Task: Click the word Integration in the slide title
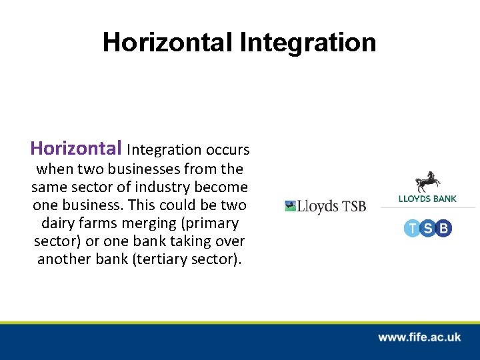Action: click(x=308, y=43)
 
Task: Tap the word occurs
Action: click(x=227, y=149)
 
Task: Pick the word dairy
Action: click(x=59, y=223)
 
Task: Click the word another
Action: click(x=63, y=259)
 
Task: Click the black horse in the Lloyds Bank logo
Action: click(x=427, y=181)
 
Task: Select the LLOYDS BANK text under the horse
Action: click(x=427, y=199)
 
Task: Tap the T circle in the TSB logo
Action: click(x=412, y=229)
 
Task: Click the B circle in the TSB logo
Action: click(x=443, y=229)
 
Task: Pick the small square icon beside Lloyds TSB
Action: click(x=290, y=206)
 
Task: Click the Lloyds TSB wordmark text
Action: click(x=332, y=207)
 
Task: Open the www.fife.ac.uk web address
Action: click(x=419, y=337)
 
